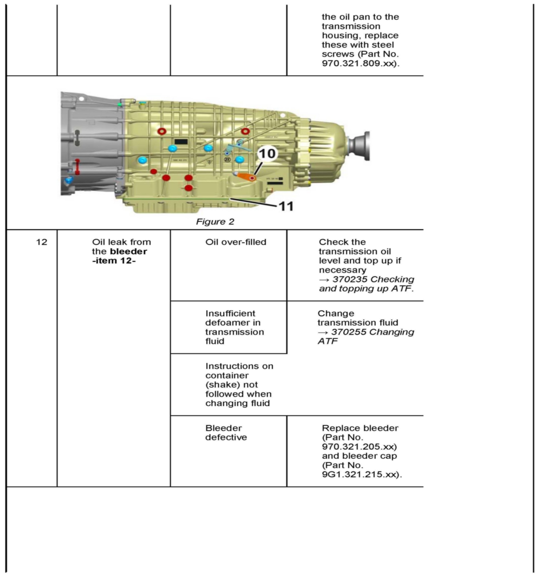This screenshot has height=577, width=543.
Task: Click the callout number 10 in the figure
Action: [267, 153]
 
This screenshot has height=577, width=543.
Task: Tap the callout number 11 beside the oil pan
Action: [286, 206]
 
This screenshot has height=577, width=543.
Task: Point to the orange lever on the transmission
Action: [246, 176]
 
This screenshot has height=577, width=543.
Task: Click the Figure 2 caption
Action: [215, 222]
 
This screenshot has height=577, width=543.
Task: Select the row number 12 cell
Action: [42, 242]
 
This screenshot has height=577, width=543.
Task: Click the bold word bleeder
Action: [128, 251]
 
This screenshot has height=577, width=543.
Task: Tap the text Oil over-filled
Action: [235, 242]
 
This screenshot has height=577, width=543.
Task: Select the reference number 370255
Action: [348, 332]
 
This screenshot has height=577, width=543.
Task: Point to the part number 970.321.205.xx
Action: [359, 446]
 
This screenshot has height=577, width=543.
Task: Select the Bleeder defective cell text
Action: [226, 433]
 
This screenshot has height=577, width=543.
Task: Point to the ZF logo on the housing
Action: [227, 159]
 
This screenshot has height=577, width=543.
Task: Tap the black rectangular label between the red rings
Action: [180, 142]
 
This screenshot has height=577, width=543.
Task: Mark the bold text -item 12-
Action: [114, 261]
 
